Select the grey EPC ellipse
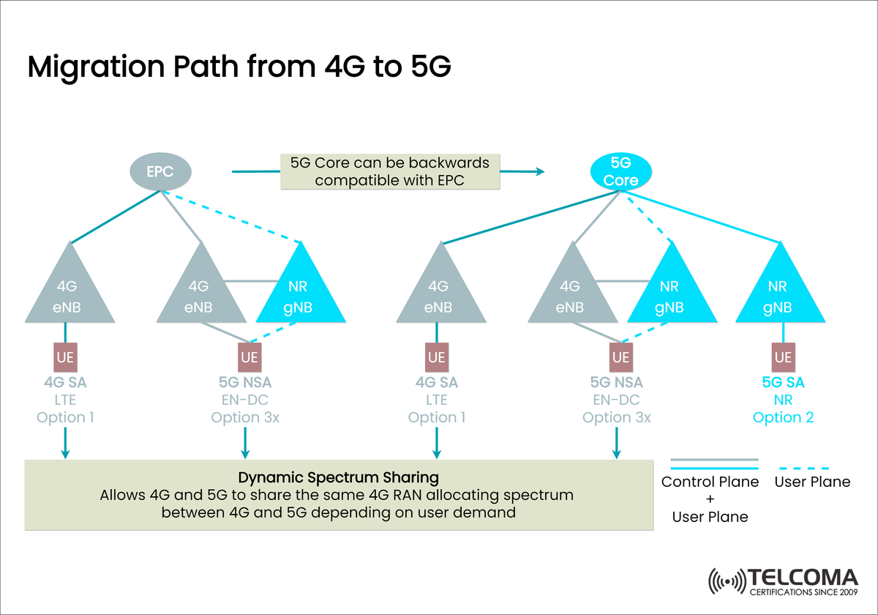160,173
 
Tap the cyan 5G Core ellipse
624,173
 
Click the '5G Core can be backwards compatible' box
390,171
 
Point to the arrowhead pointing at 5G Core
540,171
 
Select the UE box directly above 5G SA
783,357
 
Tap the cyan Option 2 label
783,418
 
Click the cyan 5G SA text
783,383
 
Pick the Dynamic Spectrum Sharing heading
338,477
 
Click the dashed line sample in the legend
801,467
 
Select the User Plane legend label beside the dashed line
812,482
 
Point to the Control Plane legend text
709,482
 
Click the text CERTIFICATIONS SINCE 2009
803,590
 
